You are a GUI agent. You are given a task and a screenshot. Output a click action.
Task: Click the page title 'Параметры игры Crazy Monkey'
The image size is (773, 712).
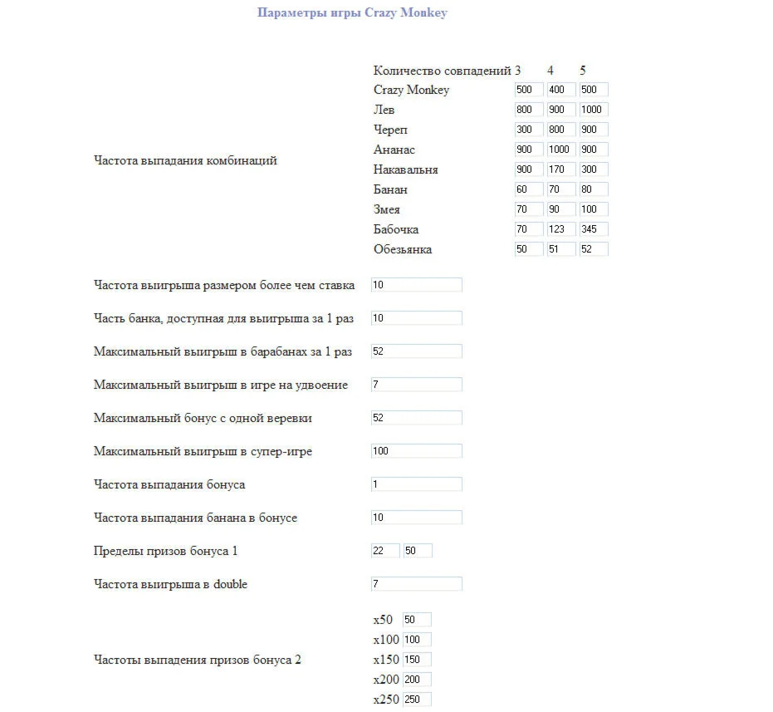(352, 12)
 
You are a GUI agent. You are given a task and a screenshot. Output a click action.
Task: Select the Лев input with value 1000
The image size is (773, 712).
(594, 110)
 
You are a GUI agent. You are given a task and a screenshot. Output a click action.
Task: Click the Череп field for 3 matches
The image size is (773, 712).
(529, 130)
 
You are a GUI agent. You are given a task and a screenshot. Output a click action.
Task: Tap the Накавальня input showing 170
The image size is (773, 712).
(561, 169)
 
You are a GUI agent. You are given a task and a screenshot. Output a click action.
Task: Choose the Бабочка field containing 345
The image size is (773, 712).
(594, 229)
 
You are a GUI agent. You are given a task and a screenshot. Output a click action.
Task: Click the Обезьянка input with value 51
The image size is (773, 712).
(561, 249)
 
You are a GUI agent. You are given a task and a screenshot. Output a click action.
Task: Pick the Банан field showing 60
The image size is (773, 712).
(529, 189)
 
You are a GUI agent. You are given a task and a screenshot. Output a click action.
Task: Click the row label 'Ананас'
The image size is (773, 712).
(394, 150)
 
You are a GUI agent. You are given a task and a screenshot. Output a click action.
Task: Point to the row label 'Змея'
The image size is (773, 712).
(387, 209)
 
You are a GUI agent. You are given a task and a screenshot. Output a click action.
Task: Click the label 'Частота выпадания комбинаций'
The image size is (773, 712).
(185, 160)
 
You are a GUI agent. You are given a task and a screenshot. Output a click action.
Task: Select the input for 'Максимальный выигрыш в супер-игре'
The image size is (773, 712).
(416, 451)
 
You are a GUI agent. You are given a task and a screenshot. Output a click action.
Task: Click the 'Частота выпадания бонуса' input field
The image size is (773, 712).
(416, 484)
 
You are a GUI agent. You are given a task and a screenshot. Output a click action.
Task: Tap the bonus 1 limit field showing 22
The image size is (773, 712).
(385, 551)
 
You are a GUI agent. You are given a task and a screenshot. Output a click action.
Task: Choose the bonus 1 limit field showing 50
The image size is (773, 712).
(418, 551)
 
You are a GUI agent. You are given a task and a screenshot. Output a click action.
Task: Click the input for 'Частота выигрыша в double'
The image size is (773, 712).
(416, 584)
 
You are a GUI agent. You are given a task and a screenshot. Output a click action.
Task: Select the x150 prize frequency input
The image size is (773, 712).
(417, 660)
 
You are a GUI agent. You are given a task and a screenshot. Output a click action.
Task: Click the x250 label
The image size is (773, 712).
(385, 700)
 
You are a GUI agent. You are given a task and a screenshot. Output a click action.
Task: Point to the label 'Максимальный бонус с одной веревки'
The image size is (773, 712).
(203, 418)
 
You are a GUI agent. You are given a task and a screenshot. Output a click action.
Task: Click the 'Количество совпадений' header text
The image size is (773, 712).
(443, 71)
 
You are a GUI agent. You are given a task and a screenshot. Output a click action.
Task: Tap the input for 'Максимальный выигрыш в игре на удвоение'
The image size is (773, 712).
(416, 385)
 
